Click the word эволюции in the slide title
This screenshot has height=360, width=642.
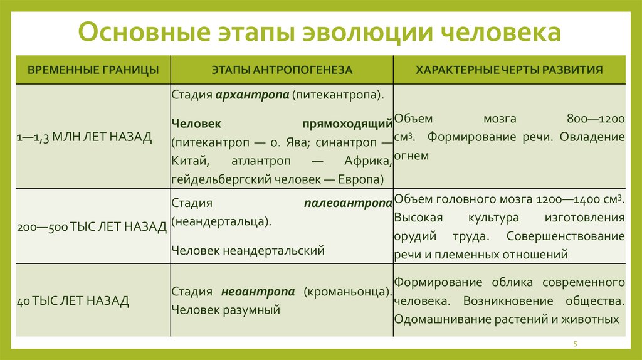[359, 33]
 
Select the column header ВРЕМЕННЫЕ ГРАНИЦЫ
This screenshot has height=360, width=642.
[93, 70]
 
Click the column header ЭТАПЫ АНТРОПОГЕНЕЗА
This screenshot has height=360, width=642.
[282, 70]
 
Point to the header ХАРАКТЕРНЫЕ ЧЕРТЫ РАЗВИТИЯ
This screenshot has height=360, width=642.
[509, 70]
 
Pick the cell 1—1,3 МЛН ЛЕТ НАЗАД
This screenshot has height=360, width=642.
[85, 137]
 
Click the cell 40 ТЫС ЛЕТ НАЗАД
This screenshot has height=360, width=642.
[73, 301]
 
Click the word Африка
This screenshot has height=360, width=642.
[369, 161]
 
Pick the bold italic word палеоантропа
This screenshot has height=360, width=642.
[349, 203]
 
